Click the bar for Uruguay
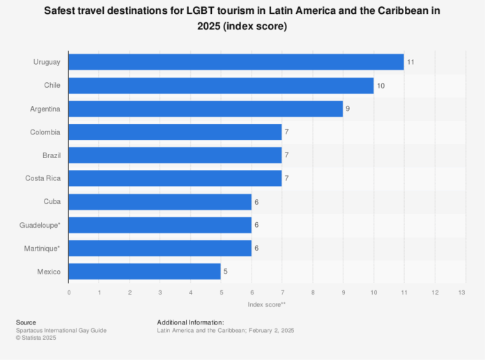pos(236,62)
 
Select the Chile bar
pos(221,86)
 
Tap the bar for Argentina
pos(206,109)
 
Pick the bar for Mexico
pos(145,272)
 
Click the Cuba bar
pos(160,202)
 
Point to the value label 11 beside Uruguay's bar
pos(411,62)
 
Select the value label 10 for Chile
pos(380,86)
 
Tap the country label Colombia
pos(45,132)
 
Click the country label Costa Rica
pos(43,178)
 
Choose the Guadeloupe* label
pos(40,225)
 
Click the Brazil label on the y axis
pos(50,155)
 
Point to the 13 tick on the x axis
pos(461,292)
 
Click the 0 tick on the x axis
pos(69,292)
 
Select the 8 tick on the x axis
pos(313,292)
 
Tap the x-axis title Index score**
pos(265,305)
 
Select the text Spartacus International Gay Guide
pos(61,330)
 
